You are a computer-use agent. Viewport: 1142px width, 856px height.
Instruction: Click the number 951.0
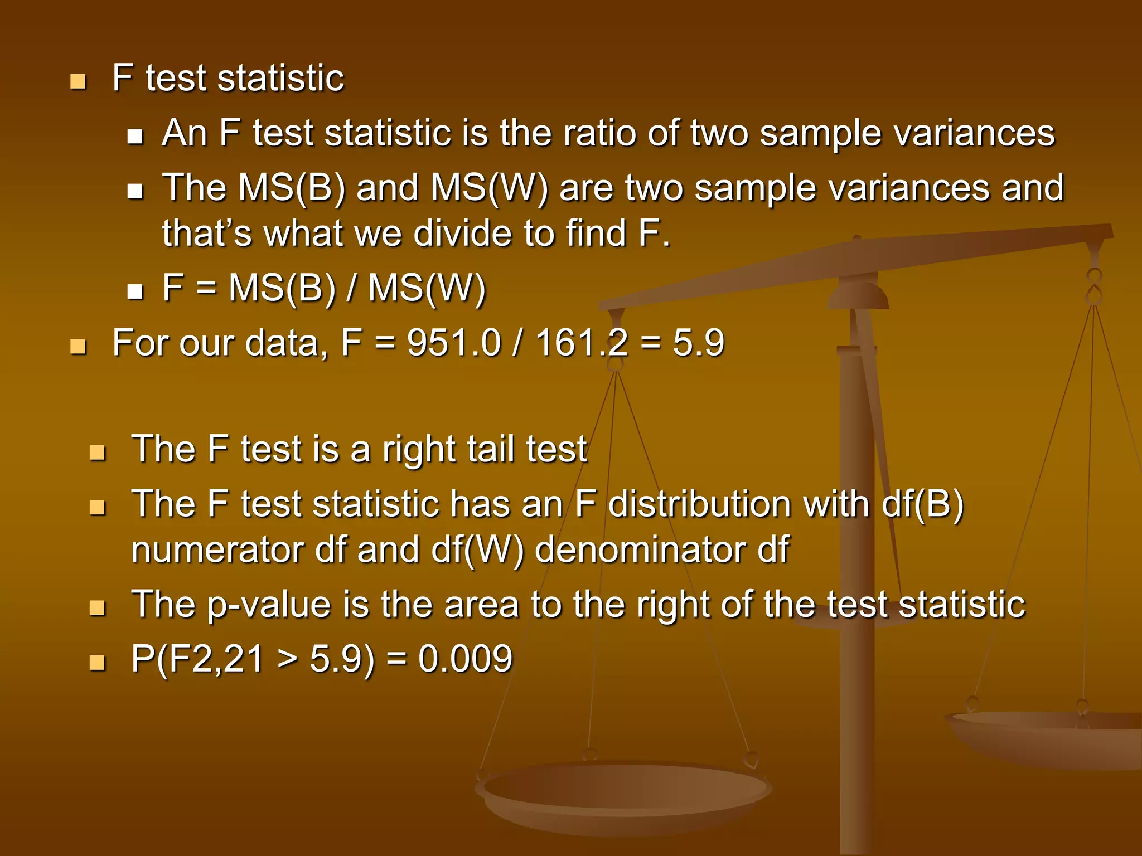(x=454, y=342)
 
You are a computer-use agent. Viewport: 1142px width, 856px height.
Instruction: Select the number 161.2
(x=582, y=342)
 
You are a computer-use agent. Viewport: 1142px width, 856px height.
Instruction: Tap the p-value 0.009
(x=465, y=659)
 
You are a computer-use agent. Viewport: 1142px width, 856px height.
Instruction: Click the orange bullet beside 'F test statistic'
(x=78, y=82)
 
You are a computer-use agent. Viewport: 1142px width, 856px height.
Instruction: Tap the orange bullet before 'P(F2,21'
(x=97, y=663)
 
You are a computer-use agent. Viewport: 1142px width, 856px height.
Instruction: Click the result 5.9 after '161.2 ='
(x=698, y=342)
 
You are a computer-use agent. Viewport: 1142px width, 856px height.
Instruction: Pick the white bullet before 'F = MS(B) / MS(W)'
(x=135, y=291)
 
